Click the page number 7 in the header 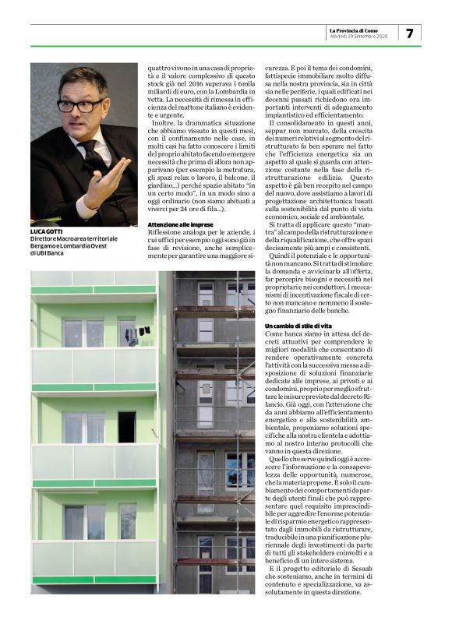[410, 33]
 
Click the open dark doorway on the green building [126, 426]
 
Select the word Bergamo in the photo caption [46, 245]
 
